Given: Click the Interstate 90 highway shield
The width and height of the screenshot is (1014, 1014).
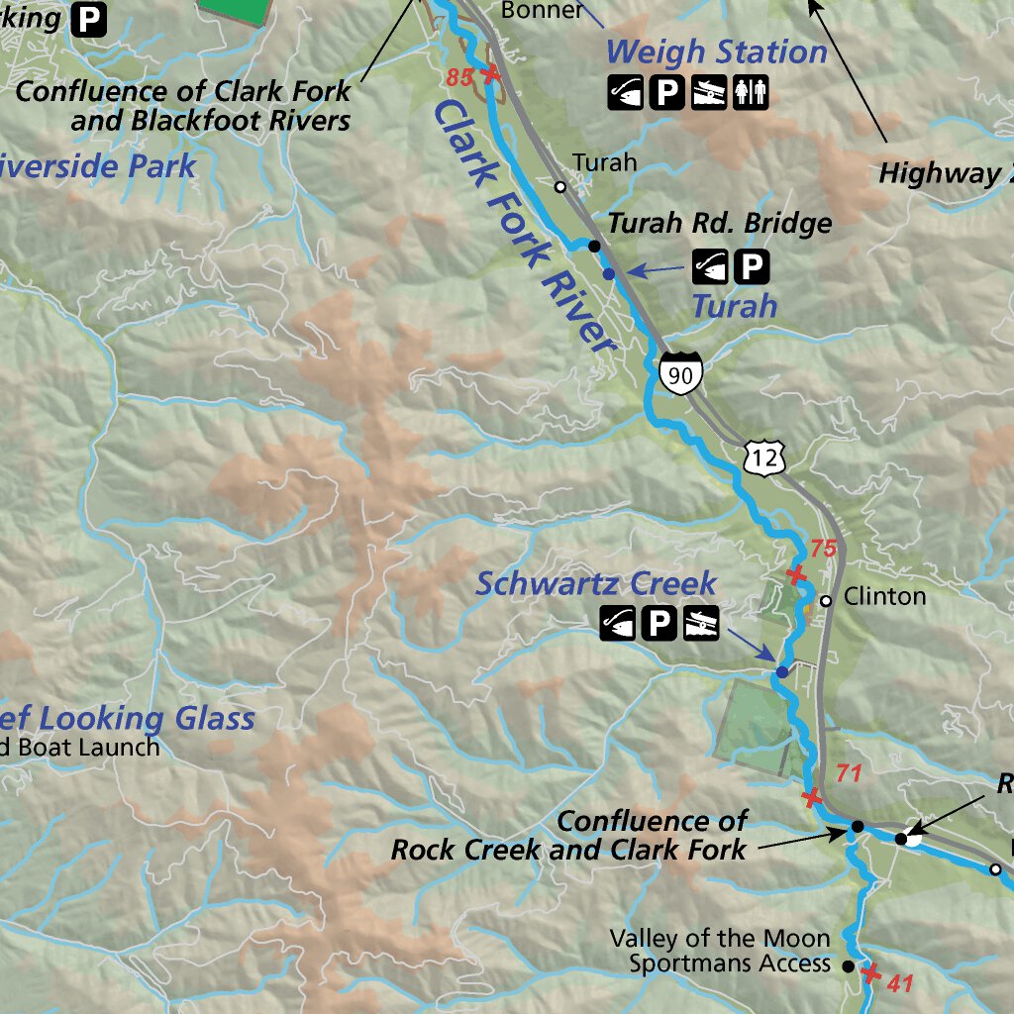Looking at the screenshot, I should [680, 373].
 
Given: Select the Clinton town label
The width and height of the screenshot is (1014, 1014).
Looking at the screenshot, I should [884, 596].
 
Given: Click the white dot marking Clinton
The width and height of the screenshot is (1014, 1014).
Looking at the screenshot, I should [825, 600].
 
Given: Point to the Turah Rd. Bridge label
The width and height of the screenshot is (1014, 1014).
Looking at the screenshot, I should [719, 223].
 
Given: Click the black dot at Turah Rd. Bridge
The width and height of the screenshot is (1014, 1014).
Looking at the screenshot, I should [594, 245].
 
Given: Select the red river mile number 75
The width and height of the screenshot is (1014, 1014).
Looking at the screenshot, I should [824, 549].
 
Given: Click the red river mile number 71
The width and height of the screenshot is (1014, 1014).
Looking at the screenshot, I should [850, 772].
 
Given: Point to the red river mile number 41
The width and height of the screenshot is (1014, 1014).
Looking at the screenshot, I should [899, 983].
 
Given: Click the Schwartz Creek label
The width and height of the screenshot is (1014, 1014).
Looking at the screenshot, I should [596, 583].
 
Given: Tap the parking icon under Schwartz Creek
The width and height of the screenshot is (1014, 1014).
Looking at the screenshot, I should [659, 624].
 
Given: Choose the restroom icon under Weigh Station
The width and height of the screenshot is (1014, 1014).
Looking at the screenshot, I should [750, 93].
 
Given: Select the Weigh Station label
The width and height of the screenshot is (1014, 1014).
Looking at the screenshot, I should [716, 51].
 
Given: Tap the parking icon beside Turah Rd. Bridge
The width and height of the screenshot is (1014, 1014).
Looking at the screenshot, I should [752, 265].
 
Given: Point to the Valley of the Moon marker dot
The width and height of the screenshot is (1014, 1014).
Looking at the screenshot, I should [848, 965].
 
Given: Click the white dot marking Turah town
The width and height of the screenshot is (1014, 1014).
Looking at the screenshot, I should [559, 185].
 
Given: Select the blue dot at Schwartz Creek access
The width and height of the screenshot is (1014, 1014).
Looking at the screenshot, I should [781, 672].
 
